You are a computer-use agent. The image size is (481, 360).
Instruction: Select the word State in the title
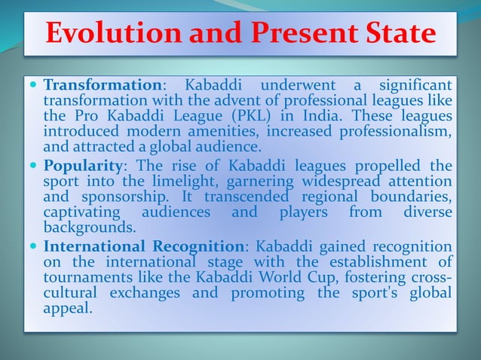tap(398, 33)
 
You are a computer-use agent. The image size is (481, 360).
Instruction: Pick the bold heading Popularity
tap(83, 166)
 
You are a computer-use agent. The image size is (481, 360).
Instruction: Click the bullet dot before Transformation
tap(35, 85)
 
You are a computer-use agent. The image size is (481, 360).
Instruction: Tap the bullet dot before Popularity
tap(35, 166)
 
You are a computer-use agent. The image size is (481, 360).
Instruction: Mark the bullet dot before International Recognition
tap(35, 247)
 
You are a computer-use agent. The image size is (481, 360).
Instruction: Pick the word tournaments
tap(86, 278)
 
